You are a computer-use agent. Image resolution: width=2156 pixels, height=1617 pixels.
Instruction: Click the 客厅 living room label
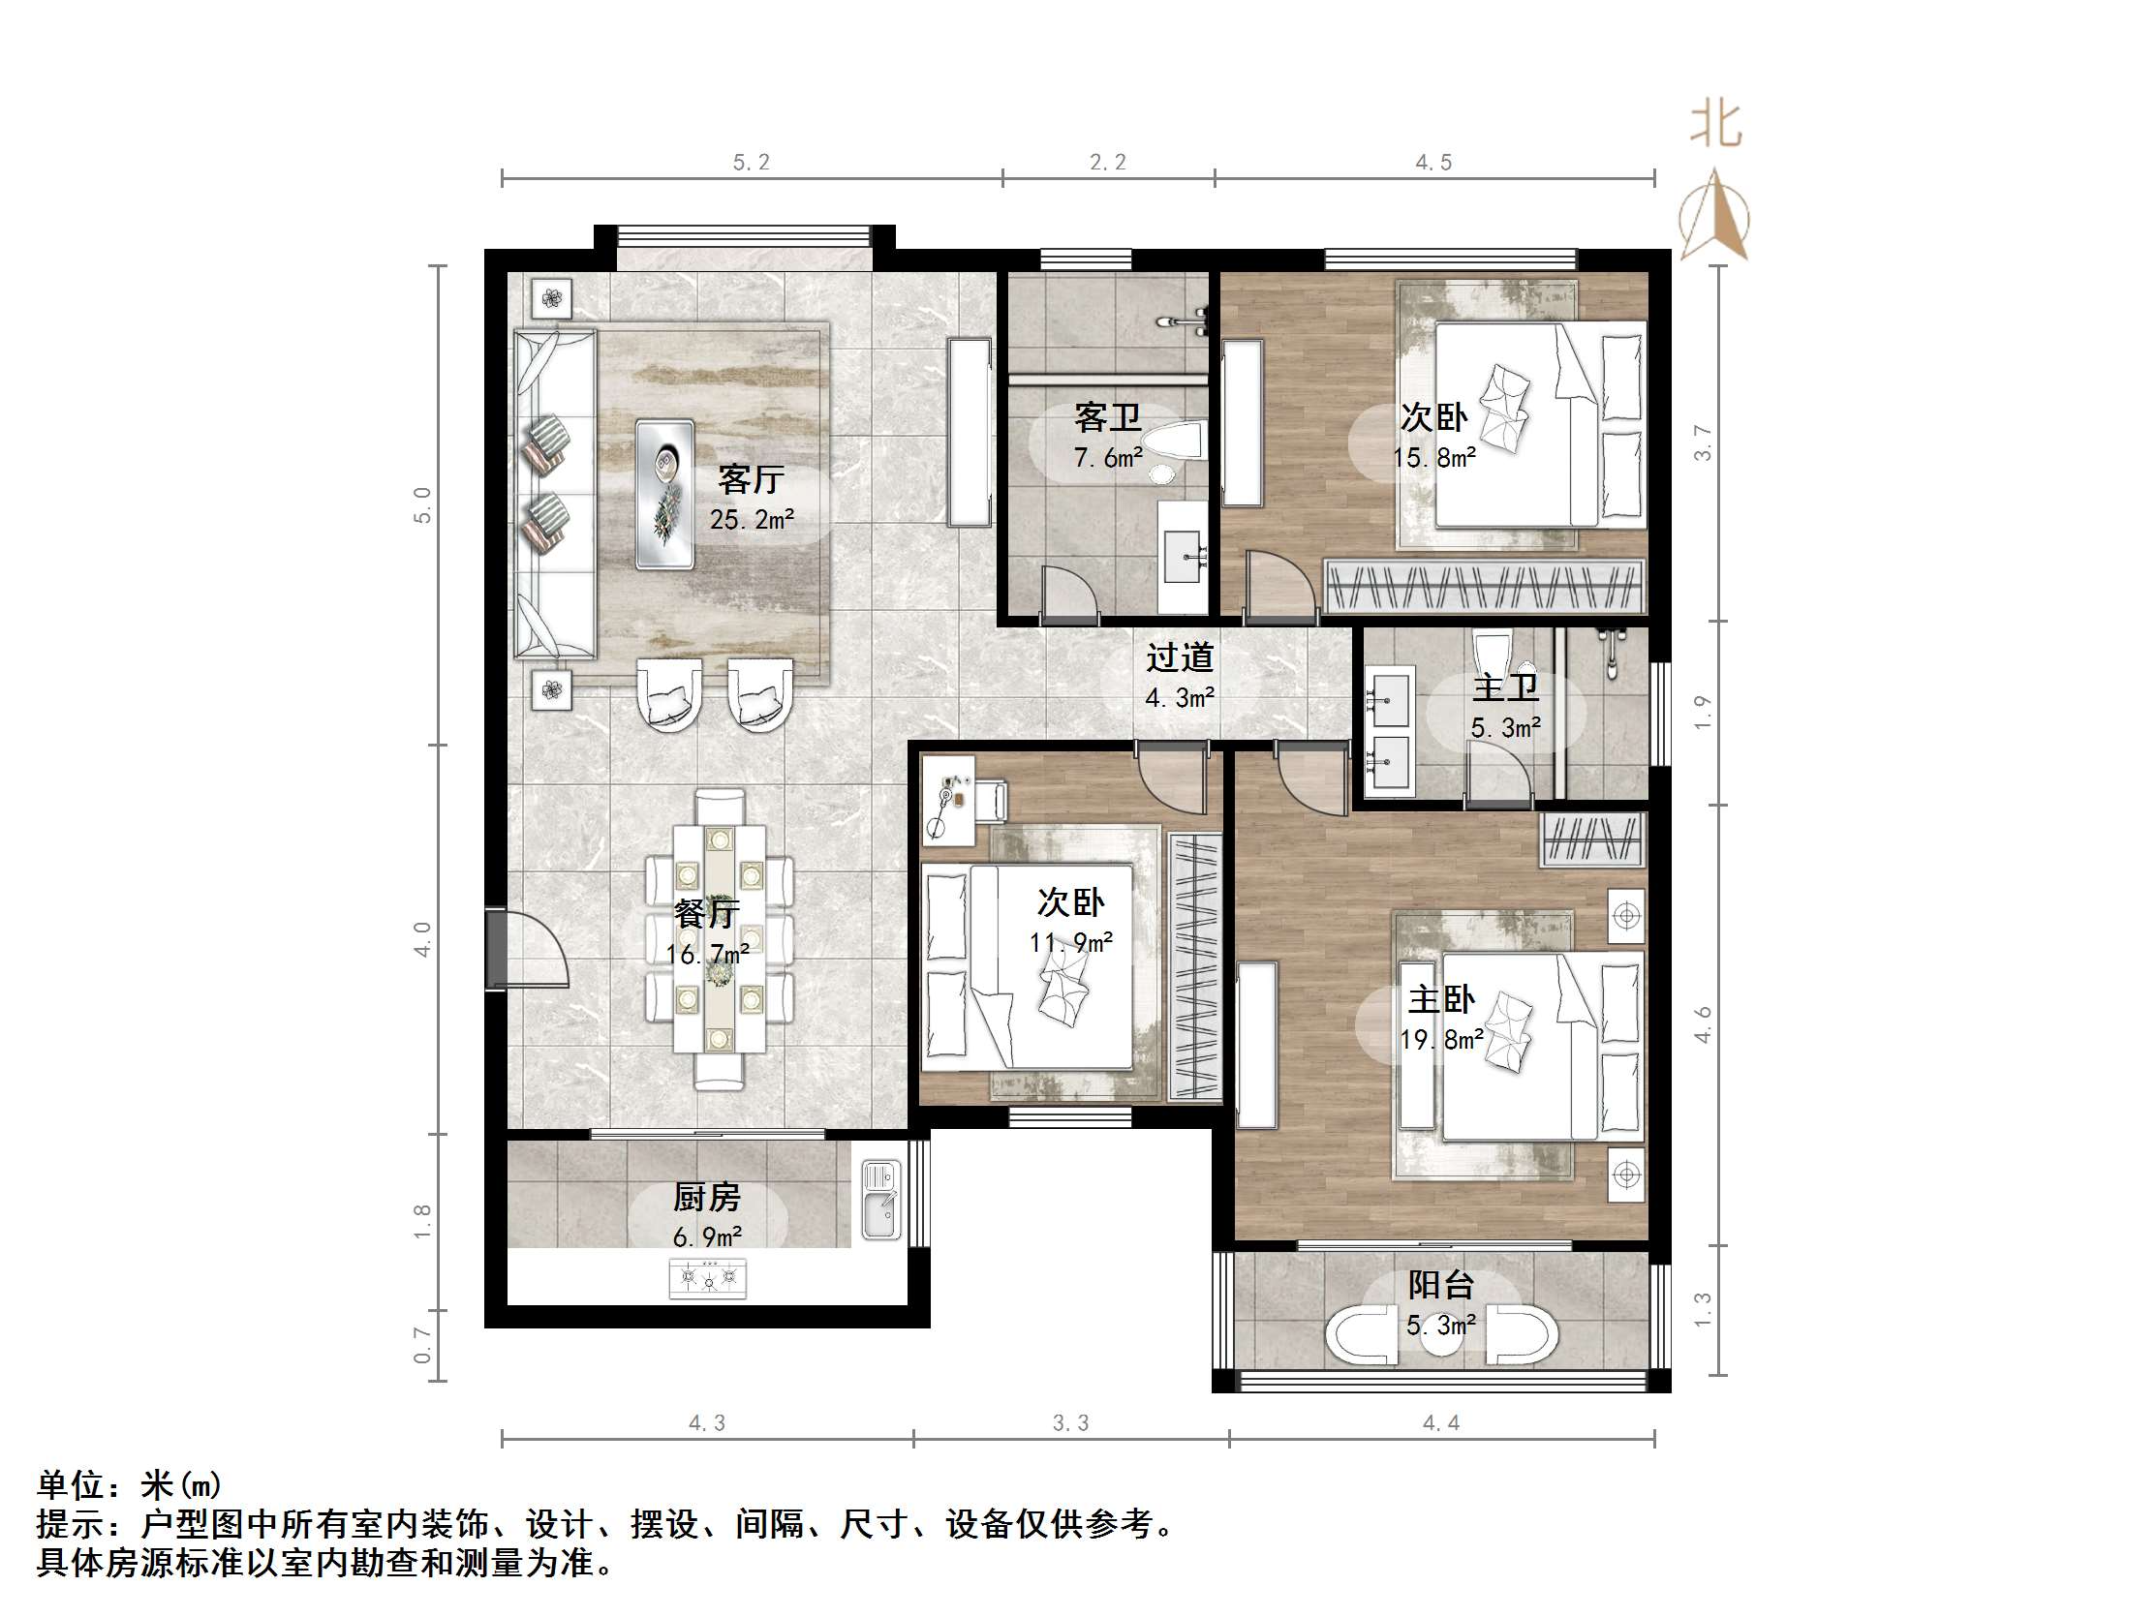(751, 478)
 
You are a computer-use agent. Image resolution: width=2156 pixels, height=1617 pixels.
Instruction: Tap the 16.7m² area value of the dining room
(709, 954)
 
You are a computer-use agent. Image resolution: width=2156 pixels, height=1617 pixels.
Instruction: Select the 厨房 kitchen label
(707, 1197)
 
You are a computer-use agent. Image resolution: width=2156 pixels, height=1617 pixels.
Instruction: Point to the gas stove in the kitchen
(709, 1277)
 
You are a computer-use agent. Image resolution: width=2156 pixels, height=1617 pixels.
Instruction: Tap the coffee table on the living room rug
(664, 494)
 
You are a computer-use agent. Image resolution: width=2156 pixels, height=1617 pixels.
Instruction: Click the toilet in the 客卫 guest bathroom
(1176, 441)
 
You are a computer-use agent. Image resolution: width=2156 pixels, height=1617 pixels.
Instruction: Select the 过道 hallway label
(1180, 657)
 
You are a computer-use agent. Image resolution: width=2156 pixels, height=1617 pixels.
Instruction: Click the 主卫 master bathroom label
(1505, 688)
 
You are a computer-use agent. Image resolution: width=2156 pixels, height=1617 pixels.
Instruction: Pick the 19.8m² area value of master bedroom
(1441, 1040)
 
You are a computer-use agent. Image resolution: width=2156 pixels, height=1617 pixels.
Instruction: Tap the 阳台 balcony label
(1440, 1286)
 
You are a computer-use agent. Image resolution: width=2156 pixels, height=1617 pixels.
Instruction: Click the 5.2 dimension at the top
(752, 163)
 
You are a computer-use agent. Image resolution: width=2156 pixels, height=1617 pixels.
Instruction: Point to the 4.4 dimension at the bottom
(1440, 1423)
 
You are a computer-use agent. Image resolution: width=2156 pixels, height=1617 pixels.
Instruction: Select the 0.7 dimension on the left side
(422, 1345)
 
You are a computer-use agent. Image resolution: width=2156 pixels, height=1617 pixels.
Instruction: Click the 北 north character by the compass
(1715, 125)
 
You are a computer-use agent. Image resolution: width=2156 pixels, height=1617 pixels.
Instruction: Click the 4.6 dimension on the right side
(1702, 1025)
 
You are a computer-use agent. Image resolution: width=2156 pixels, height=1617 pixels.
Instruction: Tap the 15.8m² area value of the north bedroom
(1433, 457)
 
